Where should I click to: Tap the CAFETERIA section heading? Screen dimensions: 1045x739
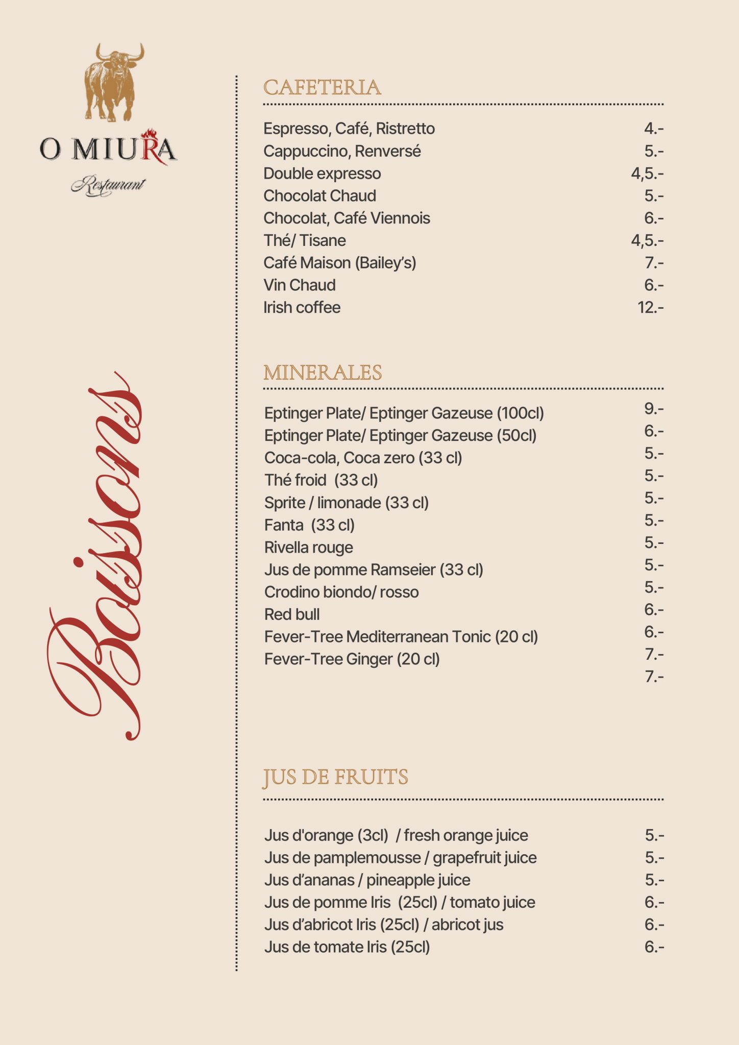tap(322, 88)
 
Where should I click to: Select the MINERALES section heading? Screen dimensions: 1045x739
tap(323, 372)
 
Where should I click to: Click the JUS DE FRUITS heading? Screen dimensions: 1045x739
tap(335, 777)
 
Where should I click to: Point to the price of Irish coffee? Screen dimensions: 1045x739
tap(650, 308)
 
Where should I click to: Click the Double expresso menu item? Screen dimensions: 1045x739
tap(322, 173)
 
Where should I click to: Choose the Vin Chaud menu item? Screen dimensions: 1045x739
tap(300, 285)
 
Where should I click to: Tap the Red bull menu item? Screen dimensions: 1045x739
tap(292, 614)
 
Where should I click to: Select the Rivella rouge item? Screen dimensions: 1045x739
tap(309, 548)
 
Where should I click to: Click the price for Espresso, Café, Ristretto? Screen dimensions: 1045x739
tap(653, 129)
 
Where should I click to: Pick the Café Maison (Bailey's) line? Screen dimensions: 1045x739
tap(340, 263)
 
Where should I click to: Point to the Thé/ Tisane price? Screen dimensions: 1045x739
tap(647, 240)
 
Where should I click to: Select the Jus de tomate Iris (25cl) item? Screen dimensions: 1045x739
tap(347, 947)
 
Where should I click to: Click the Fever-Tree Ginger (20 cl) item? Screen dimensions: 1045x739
tap(352, 659)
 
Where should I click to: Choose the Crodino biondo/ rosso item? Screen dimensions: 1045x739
tap(341, 592)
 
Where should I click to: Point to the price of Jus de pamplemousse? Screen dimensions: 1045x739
tap(654, 858)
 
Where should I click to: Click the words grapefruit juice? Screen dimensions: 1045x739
tap(485, 858)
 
